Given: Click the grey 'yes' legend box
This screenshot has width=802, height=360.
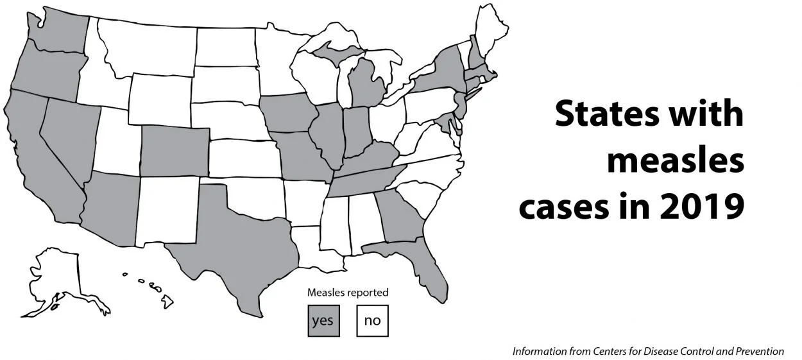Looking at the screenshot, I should [x=323, y=320].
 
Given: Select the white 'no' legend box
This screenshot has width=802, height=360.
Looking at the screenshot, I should [x=372, y=320].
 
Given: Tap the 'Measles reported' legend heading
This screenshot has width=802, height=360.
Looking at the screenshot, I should [x=347, y=293].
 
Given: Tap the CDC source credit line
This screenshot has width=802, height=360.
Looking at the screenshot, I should [x=647, y=351].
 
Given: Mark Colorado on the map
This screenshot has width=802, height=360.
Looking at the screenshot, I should [x=174, y=150].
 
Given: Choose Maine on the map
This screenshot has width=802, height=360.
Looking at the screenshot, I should [x=491, y=31].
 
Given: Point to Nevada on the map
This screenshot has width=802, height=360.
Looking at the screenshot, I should [x=69, y=132].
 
